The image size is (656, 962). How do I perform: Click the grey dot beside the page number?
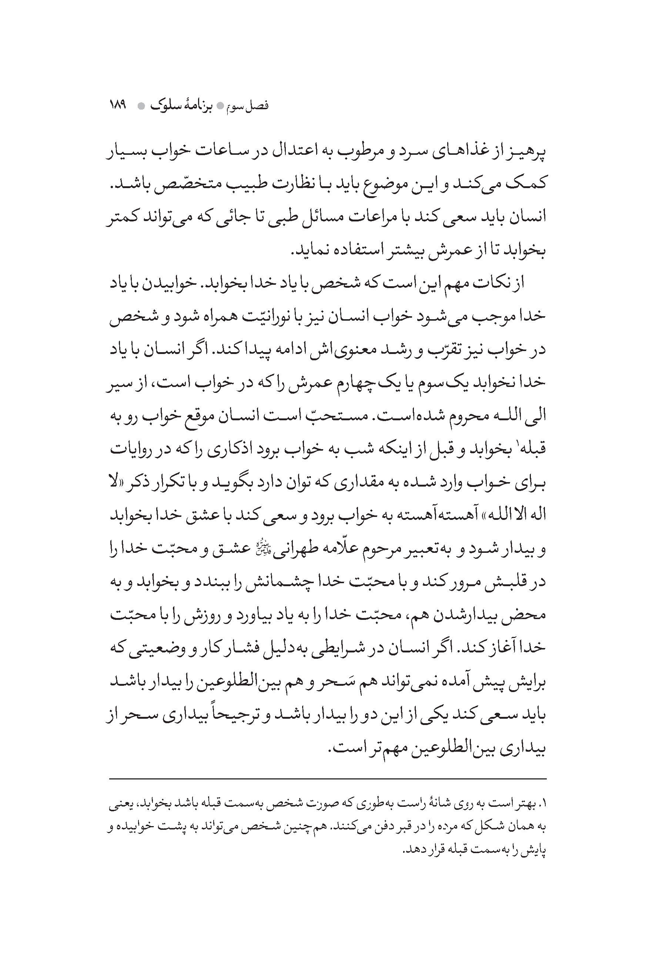141,106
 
